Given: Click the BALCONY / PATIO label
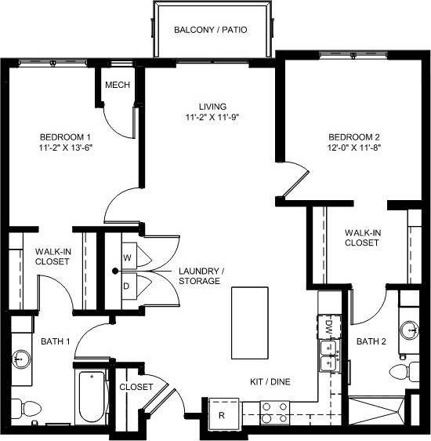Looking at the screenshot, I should point(210,31).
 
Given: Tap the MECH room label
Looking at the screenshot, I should point(117,86).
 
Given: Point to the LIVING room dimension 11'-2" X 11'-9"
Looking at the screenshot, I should point(212,118).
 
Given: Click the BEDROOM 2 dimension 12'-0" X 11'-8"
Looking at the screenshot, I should point(354,147).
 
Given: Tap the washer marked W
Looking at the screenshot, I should point(126,257).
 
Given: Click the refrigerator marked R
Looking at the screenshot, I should point(222,415).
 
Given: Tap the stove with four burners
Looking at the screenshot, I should point(275,413).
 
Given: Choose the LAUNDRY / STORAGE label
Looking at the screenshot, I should point(201,275).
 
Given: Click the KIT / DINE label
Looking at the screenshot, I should point(269,381).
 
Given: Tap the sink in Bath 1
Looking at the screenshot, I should point(20,359).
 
